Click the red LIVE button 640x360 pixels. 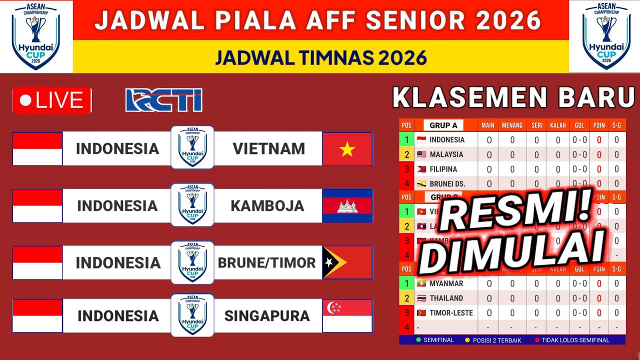pos(52,100)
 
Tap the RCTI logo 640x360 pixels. pos(163,100)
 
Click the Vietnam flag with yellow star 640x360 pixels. pos(347,148)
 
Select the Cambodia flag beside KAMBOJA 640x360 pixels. pos(347,205)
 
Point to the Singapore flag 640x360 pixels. pos(347,315)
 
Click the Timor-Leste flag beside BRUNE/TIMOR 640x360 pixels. pos(347,262)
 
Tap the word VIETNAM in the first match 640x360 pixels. pos(268,148)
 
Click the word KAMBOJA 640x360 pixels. pos(267,205)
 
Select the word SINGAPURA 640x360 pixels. pos(267,315)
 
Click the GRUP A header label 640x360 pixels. pos(443,125)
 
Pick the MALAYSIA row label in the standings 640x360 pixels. pos(446,154)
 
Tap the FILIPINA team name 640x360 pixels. pos(443,169)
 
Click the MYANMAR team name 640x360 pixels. pos(446,283)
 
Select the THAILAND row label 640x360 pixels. pos(446,298)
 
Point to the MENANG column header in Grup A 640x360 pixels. pos(512,125)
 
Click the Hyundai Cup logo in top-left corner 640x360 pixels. pos(35,36)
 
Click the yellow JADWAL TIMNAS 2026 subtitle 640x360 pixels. pos(320,57)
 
